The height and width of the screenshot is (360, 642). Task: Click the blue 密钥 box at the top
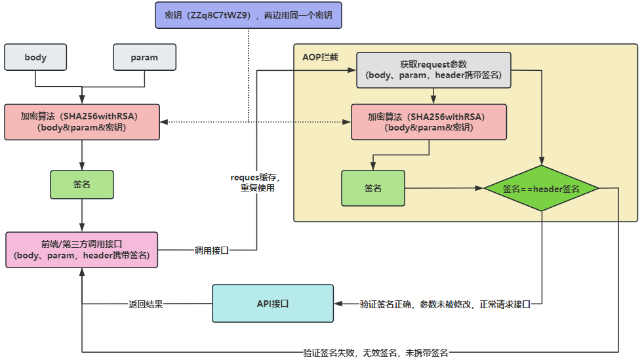click(x=249, y=14)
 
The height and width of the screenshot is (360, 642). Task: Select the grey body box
click(x=35, y=57)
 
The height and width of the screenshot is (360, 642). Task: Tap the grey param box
click(x=144, y=57)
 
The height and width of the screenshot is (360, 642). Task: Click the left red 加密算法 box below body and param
click(x=82, y=122)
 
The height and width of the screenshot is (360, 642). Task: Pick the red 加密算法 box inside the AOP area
click(x=429, y=122)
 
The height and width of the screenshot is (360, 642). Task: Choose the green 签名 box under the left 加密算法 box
click(x=82, y=184)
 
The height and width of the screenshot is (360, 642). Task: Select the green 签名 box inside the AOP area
click(x=372, y=188)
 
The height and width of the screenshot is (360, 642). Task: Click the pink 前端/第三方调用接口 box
click(x=82, y=249)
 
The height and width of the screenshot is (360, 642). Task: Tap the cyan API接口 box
click(x=272, y=304)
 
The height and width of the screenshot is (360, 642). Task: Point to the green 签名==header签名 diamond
click(x=541, y=189)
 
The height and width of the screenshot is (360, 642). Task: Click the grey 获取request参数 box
click(x=433, y=70)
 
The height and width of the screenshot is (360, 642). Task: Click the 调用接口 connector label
click(x=211, y=250)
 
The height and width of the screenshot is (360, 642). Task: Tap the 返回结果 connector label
click(x=145, y=304)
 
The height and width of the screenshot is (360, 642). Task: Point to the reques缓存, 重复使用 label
click(x=256, y=183)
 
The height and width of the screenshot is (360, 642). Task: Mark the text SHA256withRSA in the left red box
click(x=107, y=116)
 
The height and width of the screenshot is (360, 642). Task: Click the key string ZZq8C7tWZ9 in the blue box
click(x=218, y=14)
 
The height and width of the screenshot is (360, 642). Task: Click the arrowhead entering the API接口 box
click(x=338, y=304)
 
